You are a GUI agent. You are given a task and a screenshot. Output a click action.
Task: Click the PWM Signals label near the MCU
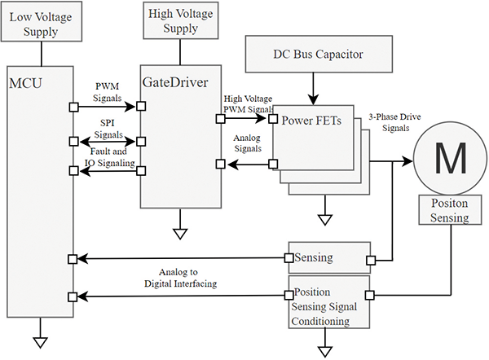pos(106,91)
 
